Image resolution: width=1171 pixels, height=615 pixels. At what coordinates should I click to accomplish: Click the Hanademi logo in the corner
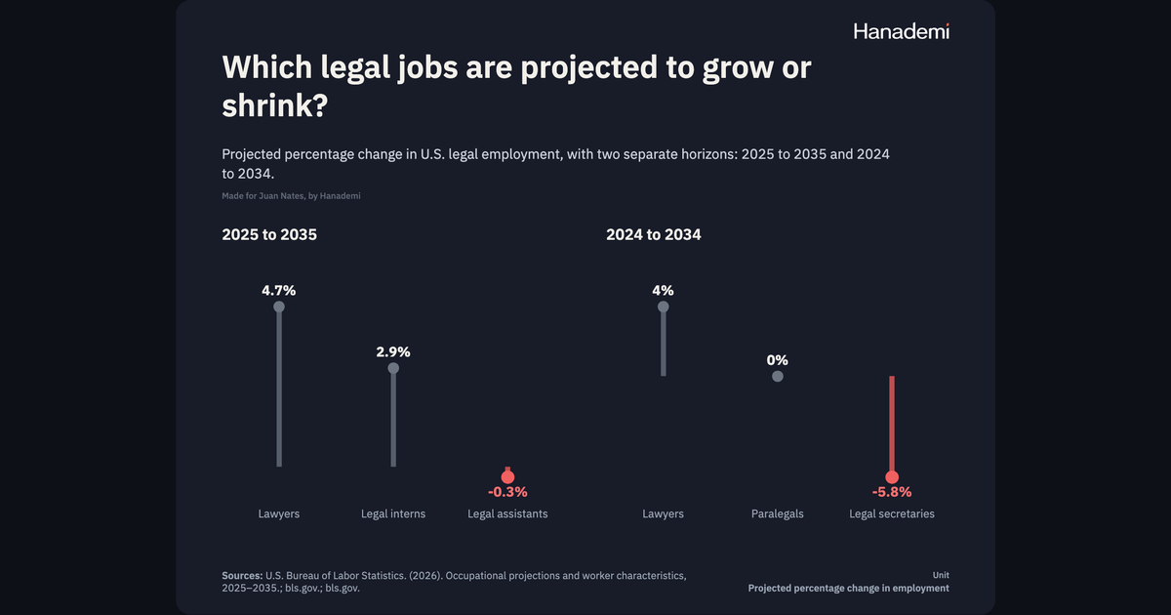tap(902, 31)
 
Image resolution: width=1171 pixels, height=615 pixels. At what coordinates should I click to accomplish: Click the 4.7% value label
tap(279, 290)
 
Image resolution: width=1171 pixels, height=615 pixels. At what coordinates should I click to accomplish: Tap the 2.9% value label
tap(393, 352)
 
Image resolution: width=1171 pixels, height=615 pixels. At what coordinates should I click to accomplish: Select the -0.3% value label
tap(507, 492)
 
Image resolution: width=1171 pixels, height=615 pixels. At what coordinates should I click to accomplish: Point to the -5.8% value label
tap(892, 492)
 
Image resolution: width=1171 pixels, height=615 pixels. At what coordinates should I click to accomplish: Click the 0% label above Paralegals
tap(778, 360)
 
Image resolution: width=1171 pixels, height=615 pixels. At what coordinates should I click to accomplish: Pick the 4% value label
tap(663, 290)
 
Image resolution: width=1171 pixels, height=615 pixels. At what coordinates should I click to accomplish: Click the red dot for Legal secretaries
tap(892, 477)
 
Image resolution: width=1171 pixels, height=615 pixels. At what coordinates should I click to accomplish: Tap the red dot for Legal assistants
tap(507, 477)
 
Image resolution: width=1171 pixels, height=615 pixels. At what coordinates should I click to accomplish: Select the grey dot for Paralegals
tap(778, 376)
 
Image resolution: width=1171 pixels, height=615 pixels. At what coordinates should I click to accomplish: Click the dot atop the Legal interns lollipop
tap(393, 368)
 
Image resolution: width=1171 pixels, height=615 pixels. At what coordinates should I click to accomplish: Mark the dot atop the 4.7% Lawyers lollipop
tap(279, 307)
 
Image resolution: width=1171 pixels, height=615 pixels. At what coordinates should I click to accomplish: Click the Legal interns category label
tap(393, 514)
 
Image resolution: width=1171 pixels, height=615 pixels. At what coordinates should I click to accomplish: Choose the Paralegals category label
tap(778, 514)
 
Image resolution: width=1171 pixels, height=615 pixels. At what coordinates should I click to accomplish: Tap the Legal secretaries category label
tap(892, 514)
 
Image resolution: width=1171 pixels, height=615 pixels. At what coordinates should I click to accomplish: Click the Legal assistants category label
tap(507, 514)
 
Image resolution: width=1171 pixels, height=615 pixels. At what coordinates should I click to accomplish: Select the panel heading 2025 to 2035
tap(269, 235)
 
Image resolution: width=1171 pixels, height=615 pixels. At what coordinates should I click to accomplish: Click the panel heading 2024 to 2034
tap(654, 235)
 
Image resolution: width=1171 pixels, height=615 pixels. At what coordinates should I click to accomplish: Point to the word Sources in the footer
tap(242, 576)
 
